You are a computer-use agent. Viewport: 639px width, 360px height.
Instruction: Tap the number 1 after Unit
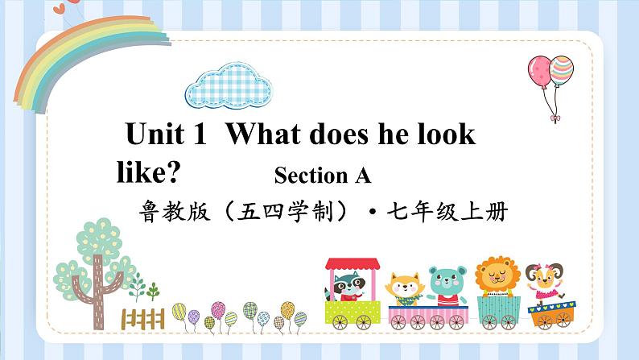pos(201,134)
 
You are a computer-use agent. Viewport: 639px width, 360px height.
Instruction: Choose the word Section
pos(310,174)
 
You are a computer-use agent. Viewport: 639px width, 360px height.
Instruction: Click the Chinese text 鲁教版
pos(171,213)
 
